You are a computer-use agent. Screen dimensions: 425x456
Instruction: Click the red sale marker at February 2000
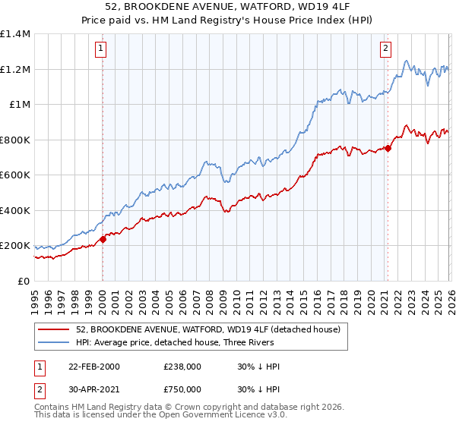point(103,239)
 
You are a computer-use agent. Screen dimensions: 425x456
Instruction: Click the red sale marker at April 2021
point(387,148)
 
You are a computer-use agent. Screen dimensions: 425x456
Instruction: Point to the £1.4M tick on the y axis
point(15,34)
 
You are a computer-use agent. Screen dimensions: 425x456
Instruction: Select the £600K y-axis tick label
point(15,175)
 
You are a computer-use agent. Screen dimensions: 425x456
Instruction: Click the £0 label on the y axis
point(23,281)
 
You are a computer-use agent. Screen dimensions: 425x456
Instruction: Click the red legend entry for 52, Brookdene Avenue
point(212,329)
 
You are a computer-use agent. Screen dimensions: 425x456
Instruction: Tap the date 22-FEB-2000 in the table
point(93,367)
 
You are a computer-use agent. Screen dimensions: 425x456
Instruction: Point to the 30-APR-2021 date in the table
point(93,389)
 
